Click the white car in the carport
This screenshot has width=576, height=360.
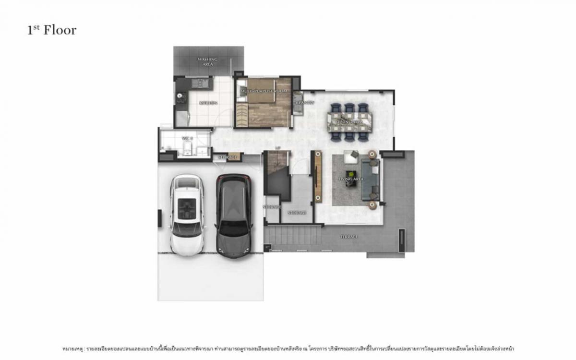click(187, 215)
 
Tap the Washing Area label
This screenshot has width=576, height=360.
click(207, 61)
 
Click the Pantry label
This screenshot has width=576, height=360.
click(305, 102)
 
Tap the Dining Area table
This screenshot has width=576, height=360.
click(350, 122)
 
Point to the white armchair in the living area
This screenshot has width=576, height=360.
click(351, 157)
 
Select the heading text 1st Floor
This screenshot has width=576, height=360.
click(51, 30)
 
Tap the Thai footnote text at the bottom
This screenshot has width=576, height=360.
click(288, 348)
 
